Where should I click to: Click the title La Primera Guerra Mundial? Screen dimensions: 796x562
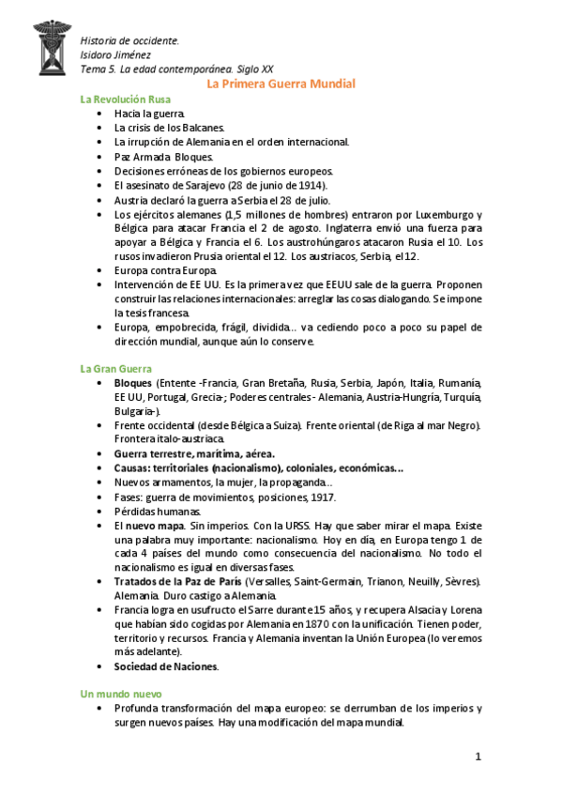(281, 84)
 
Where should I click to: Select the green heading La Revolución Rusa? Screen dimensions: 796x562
(125, 99)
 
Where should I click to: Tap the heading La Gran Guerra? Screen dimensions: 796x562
(115, 369)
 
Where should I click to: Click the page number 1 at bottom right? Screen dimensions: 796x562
(478, 756)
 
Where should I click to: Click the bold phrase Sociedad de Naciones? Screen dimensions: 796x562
(166, 666)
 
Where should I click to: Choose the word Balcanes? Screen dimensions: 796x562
(202, 127)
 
